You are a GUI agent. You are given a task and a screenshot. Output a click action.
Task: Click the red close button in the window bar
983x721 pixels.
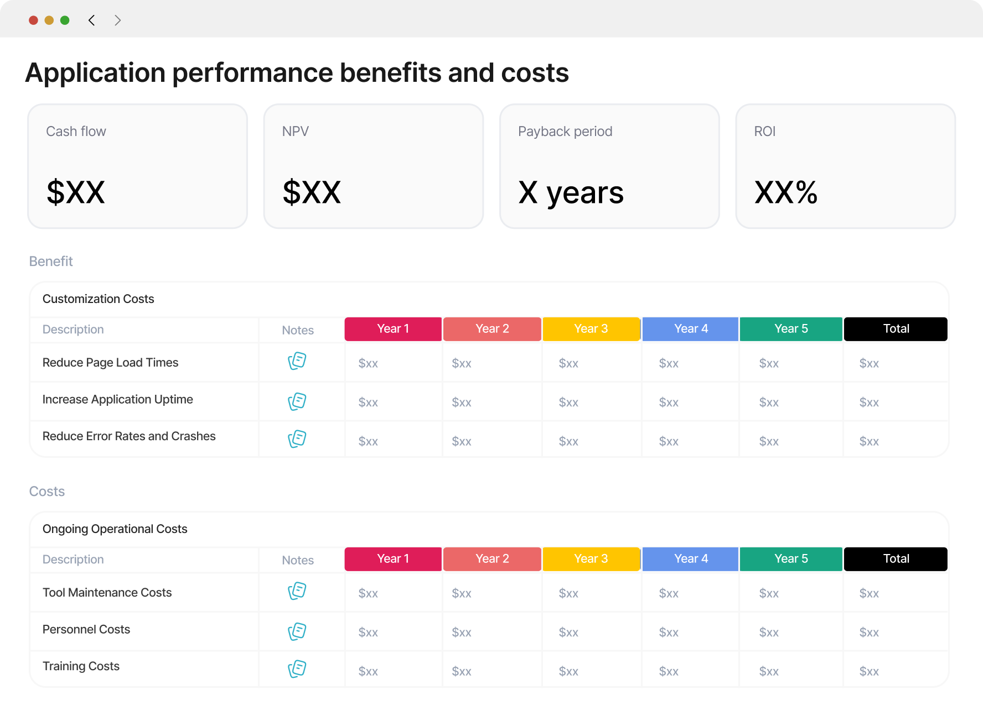tap(33, 20)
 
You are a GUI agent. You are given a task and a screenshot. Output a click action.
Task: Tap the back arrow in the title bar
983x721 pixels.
tap(91, 20)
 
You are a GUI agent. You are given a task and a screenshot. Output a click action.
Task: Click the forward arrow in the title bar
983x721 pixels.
tap(117, 20)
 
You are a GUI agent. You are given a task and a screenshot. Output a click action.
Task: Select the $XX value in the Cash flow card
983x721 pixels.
tap(76, 192)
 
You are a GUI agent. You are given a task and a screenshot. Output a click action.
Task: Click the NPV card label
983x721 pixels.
tap(296, 132)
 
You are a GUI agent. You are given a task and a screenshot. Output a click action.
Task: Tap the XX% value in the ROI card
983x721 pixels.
tap(786, 192)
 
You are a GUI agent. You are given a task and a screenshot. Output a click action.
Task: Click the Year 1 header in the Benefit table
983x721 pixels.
tap(393, 329)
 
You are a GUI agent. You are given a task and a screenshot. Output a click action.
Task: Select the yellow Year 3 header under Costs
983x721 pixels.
tap(591, 559)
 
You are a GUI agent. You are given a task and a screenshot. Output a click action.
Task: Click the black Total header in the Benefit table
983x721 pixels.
tap(896, 329)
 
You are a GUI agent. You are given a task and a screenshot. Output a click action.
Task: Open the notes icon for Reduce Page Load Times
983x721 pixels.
tap(297, 361)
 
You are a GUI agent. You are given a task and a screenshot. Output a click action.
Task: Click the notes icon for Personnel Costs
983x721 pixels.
tap(297, 631)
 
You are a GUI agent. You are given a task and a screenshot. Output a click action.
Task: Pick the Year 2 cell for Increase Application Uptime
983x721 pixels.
tap(462, 403)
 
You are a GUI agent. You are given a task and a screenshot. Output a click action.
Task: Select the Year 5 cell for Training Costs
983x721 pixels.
tap(769, 671)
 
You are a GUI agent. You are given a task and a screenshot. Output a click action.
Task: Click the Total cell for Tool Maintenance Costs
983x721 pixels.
tap(869, 593)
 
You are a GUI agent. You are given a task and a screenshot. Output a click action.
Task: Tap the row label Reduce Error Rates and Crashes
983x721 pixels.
tap(129, 436)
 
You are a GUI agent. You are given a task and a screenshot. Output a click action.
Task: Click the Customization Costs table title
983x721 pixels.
tap(99, 299)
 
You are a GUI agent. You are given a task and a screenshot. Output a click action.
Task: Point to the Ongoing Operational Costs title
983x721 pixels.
tap(115, 529)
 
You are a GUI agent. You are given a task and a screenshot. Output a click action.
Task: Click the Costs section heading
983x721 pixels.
tap(47, 492)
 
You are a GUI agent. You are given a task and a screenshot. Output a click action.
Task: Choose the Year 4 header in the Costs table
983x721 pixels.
tap(691, 559)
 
